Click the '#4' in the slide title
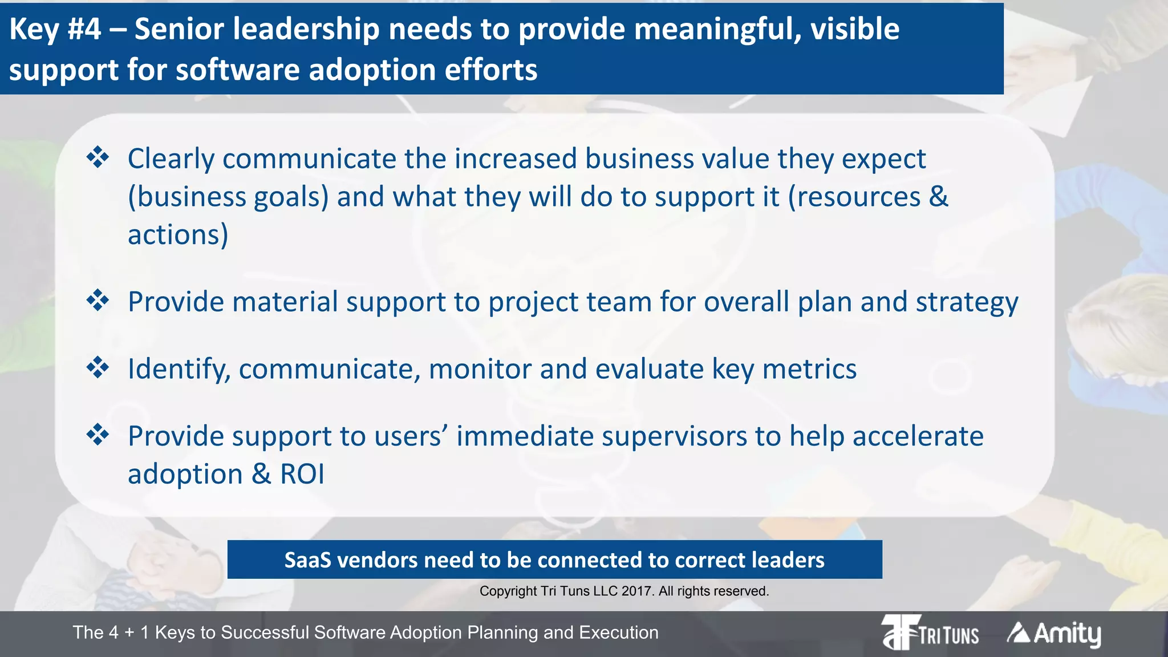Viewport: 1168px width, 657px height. (84, 30)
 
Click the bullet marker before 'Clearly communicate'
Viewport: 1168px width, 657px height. (98, 157)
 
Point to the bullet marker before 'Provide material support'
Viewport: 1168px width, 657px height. (98, 300)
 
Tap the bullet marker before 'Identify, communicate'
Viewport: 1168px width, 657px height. (98, 367)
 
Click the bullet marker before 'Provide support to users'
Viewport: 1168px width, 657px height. (98, 435)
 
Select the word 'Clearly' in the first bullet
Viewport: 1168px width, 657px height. (171, 159)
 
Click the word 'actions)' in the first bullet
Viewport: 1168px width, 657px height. (178, 235)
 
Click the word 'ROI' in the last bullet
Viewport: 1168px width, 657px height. (302, 474)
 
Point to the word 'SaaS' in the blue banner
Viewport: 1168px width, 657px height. (307, 560)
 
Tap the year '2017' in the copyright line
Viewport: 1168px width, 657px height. (637, 591)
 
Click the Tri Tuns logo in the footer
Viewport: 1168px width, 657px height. (930, 632)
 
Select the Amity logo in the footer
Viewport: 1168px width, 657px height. (1054, 634)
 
